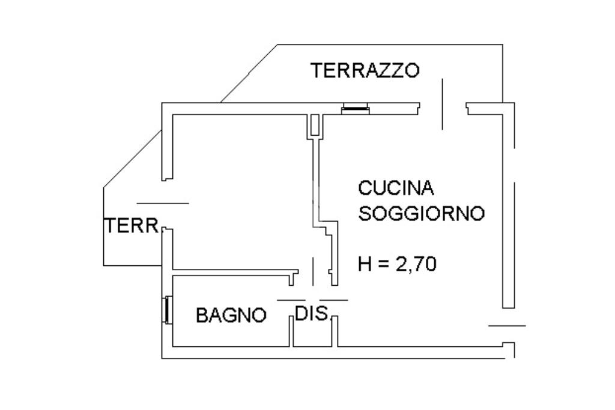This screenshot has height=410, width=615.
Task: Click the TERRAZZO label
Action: pos(365,70)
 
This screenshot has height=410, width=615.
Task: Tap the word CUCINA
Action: pos(396,188)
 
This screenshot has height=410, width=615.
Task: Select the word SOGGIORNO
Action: pos(422,214)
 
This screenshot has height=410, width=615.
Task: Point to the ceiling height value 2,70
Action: pos(416,264)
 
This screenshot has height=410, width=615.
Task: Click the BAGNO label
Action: pos(231,315)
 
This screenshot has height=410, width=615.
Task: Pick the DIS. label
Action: pos(312,313)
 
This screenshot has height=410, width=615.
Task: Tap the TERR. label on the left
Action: pos(132,226)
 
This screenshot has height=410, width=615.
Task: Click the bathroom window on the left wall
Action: pos(168,310)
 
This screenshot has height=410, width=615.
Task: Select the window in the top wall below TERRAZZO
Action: pos(356,109)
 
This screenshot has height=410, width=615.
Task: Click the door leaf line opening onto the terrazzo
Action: pos(443,104)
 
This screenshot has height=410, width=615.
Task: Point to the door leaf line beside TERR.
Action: pos(163,203)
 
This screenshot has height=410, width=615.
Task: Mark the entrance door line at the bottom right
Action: pos(507,325)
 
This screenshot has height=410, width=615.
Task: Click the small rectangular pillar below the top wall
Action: pos(315,125)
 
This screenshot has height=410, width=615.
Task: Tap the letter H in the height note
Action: pos(365,264)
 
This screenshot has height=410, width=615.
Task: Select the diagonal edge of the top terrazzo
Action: pos(249,74)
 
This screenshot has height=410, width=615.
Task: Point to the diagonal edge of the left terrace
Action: pos(133,159)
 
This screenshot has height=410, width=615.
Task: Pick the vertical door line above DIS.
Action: pos(313,271)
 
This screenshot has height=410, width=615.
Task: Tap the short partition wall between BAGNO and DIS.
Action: pos(291,331)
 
